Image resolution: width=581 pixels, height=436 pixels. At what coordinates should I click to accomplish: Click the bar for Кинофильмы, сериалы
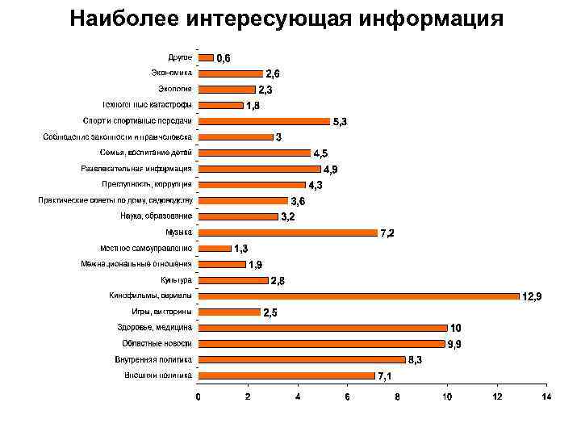point(359,296)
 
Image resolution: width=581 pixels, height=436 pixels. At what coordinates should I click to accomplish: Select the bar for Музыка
point(288,233)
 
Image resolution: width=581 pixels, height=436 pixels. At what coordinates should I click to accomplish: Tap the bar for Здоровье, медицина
point(323,328)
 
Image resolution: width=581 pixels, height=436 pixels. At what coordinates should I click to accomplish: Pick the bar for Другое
point(206,57)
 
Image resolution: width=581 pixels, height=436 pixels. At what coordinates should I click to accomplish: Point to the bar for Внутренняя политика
point(302,359)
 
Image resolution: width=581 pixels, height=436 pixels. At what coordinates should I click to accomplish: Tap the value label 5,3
point(340,122)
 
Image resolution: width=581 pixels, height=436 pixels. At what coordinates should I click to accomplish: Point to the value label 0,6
point(223,58)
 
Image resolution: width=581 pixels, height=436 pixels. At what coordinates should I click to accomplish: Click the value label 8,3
point(416,360)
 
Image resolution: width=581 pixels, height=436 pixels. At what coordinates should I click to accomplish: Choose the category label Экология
point(176,89)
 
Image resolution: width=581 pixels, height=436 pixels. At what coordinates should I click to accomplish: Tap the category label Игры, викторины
point(161,312)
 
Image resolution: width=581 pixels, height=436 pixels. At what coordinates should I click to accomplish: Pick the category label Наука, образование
point(157,216)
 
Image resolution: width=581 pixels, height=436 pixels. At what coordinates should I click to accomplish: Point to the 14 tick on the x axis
point(546,396)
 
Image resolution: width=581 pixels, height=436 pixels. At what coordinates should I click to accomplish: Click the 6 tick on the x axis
point(348,396)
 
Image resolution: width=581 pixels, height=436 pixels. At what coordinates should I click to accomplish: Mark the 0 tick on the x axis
point(199,396)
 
